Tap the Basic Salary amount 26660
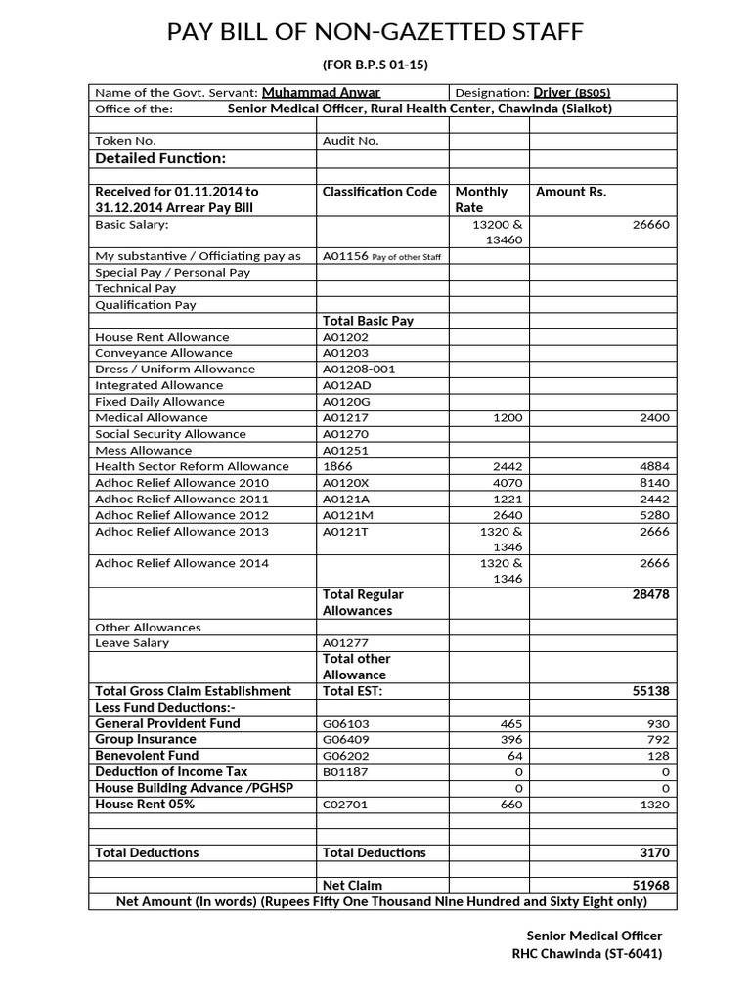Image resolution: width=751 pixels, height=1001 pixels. coord(651,224)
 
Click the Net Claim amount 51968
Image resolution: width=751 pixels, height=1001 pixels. coord(651,885)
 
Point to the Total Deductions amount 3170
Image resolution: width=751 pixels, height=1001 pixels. coord(654,852)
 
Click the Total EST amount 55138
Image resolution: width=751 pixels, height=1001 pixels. coord(651,691)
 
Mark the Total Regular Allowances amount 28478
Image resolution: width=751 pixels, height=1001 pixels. coord(651,594)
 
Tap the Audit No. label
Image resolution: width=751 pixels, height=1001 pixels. coord(350,141)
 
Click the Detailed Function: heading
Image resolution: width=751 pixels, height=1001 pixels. coord(159,158)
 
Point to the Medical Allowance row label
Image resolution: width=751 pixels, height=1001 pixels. coord(151,417)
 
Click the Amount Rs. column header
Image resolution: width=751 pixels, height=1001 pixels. coord(571,192)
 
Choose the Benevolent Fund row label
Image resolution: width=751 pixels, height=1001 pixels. coord(147,756)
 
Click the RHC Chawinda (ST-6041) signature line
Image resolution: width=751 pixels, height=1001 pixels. coord(587,953)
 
